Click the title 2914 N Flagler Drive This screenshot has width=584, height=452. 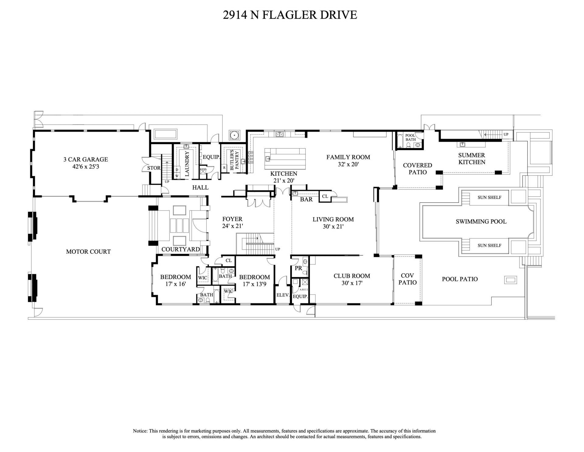tap(290, 15)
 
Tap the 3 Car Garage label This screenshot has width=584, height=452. tap(85, 159)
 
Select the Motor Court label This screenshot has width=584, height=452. tap(88, 252)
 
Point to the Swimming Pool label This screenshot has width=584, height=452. tap(481, 221)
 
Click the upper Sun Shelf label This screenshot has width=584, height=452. tap(489, 197)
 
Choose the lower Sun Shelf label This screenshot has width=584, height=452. tap(489, 245)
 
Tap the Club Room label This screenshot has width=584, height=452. tap(352, 276)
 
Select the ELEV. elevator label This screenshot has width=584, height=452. tap(283, 295)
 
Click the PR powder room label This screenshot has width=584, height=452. tap(298, 268)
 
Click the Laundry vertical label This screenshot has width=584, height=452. tap(187, 164)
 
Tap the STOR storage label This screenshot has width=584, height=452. tap(154, 168)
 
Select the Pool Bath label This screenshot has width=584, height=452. tap(410, 137)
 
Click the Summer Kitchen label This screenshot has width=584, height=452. tap(471, 159)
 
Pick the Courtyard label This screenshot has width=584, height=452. tap(180, 249)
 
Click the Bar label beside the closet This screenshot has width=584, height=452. tap(306, 200)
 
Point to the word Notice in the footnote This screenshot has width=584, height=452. tap(140, 431)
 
